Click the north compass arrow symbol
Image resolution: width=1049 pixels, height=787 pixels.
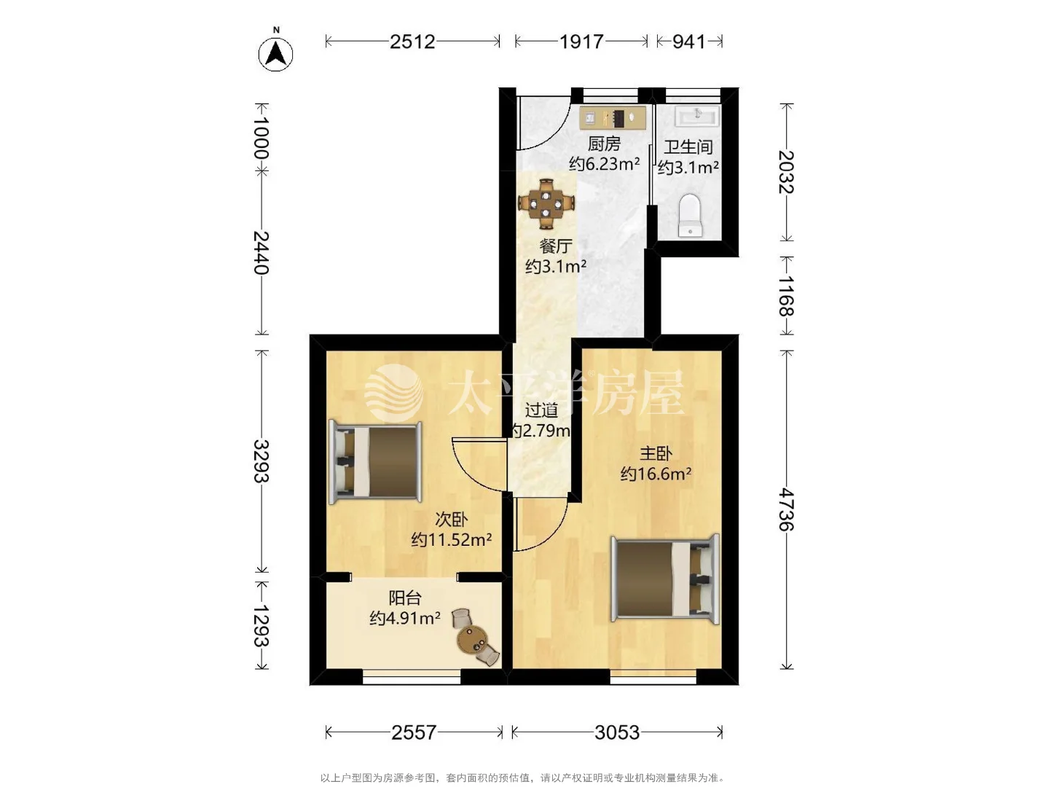(276, 53)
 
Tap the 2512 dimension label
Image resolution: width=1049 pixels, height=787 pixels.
(412, 42)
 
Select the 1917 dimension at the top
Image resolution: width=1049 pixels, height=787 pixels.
(581, 42)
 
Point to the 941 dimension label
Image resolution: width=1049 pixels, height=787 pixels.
(688, 42)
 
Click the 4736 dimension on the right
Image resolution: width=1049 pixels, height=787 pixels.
(786, 509)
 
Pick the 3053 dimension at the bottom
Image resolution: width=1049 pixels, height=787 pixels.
(617, 732)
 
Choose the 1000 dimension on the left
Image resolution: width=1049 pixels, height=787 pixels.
(261, 137)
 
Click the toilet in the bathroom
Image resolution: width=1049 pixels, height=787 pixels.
(690, 214)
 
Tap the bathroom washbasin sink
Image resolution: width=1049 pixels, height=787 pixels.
(697, 116)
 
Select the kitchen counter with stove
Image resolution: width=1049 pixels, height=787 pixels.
(613, 117)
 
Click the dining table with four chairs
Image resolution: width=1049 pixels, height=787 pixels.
(546, 203)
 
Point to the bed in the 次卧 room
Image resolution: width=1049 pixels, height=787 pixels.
(376, 462)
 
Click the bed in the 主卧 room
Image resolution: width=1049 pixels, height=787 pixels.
(665, 579)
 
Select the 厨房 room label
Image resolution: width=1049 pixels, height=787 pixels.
(604, 144)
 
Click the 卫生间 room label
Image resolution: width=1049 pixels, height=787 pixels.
(688, 146)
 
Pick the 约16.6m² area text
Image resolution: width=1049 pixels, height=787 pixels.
(656, 474)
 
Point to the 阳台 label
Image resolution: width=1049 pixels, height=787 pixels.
(405, 598)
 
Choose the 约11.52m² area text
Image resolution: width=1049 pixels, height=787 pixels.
(451, 539)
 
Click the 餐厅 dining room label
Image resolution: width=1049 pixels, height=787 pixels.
(556, 246)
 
